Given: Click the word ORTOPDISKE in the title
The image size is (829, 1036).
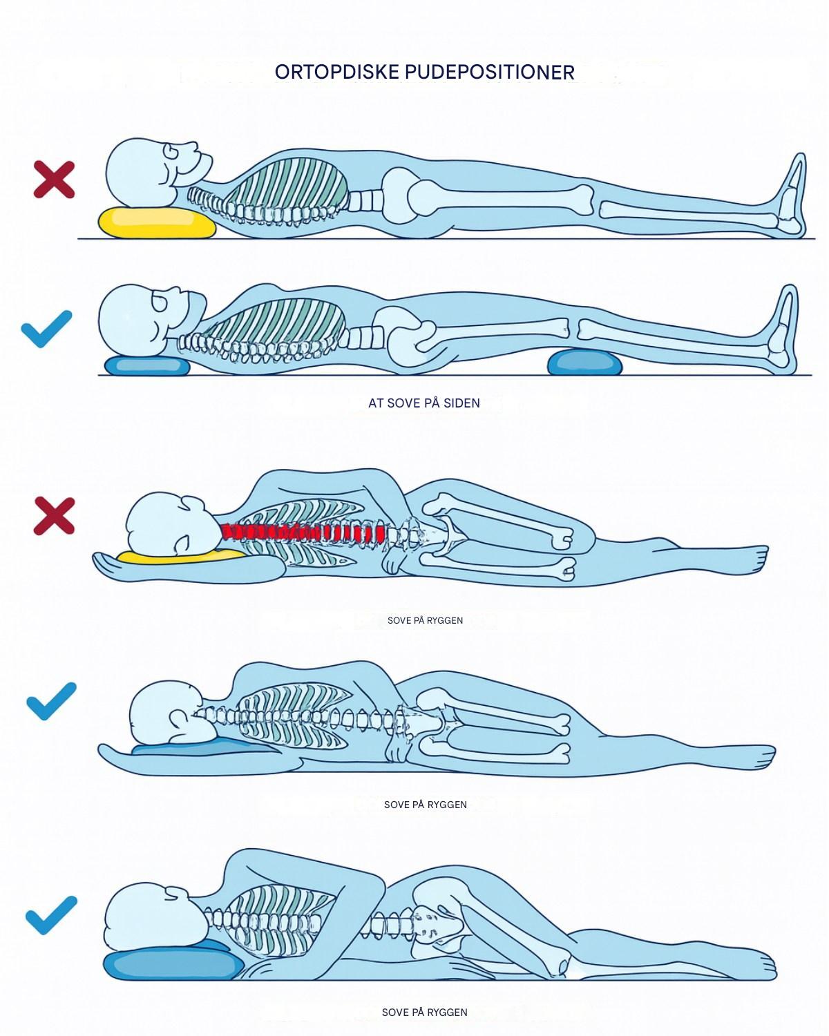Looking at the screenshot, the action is (337, 73).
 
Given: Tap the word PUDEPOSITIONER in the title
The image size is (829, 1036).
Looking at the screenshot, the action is (490, 73).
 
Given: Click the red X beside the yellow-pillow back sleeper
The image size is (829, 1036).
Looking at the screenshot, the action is (54, 180).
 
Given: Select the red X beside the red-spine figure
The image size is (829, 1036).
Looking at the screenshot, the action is (54, 516).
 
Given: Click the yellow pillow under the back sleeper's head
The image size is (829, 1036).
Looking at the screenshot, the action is (157, 222).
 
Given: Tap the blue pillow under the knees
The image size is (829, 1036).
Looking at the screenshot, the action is (584, 362).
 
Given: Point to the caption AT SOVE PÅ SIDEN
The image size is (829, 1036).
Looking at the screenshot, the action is (424, 403).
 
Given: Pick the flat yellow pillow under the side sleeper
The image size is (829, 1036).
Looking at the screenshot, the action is (181, 557).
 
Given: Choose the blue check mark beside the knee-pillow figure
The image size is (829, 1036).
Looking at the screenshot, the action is (47, 329).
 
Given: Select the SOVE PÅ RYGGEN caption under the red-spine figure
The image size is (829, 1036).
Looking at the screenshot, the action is (425, 620).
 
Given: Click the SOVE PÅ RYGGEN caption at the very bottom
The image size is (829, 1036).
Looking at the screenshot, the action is (424, 1013).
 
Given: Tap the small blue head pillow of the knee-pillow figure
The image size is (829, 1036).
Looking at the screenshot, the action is (147, 366).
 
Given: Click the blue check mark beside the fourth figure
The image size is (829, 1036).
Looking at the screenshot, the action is (51, 701).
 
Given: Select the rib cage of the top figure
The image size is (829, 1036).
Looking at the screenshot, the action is (287, 185).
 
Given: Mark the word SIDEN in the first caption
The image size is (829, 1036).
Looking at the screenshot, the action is (461, 403).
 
